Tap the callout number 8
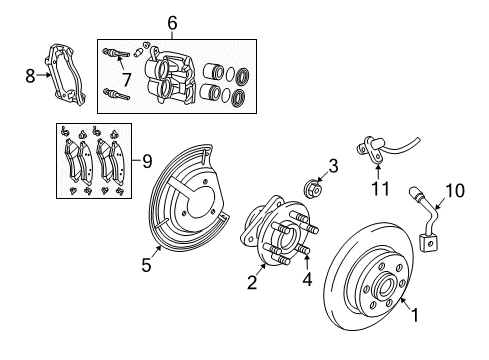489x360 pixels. pyautogui.click(x=29, y=72)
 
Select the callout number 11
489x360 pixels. pyautogui.click(x=378, y=188)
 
